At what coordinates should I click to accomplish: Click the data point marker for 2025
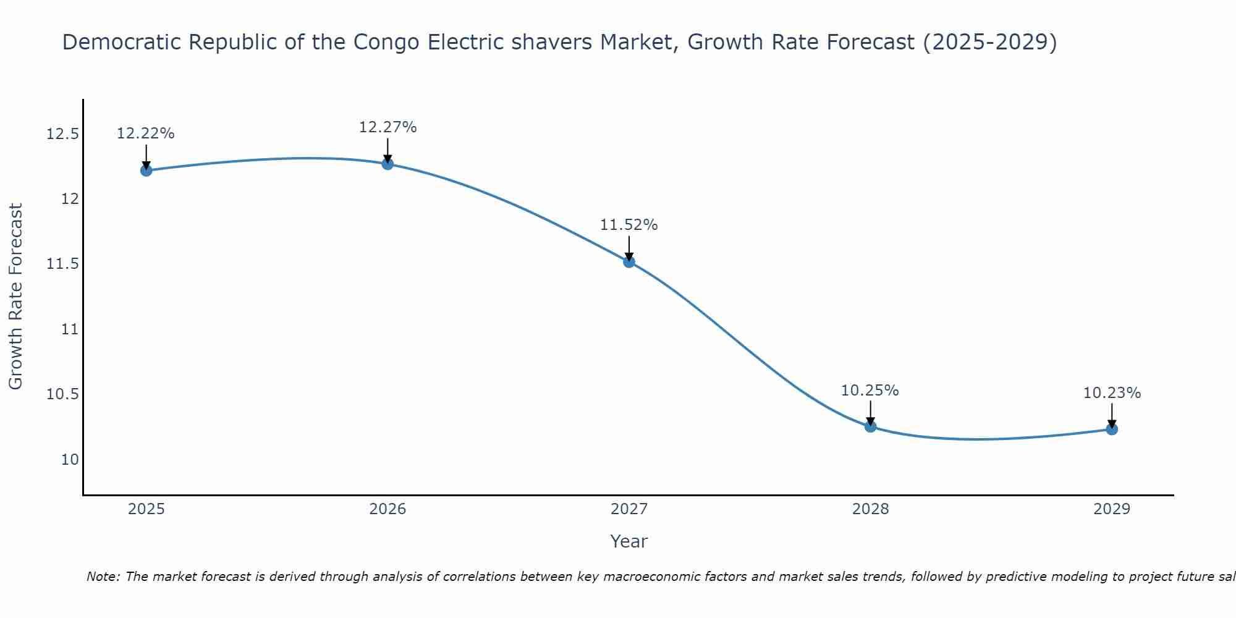coord(146,171)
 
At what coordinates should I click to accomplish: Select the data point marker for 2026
coord(387,164)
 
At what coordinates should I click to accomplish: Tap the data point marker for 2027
coord(629,262)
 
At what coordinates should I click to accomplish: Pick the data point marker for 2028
coord(871,426)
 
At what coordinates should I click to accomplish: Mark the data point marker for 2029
coord(1112,429)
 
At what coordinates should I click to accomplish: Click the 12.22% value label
coord(146,133)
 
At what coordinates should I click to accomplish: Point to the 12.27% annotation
coord(387,127)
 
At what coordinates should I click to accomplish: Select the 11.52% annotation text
coord(629,225)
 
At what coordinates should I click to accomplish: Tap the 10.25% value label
coord(870,391)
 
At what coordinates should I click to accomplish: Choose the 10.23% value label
coord(1112,393)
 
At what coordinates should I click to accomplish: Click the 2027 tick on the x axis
coord(629,509)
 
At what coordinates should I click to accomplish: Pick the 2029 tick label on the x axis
coord(1112,509)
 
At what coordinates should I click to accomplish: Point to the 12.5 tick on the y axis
coord(63,134)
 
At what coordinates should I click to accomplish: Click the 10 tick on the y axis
coord(70,460)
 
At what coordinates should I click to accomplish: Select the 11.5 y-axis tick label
coord(63,265)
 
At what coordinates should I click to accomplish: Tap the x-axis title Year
coord(629,541)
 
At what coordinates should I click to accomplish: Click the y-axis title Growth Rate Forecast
coord(16,296)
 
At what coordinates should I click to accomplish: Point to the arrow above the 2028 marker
coord(871,412)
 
